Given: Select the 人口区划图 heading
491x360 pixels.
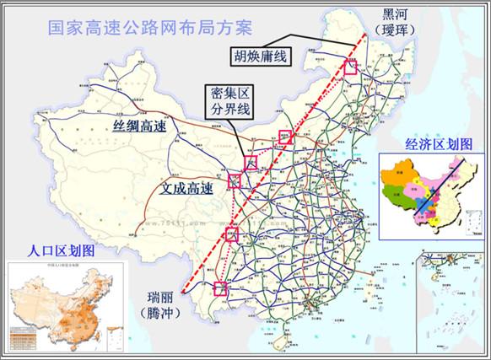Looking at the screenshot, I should (x=61, y=251).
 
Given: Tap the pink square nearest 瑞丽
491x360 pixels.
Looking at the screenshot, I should (x=221, y=288).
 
